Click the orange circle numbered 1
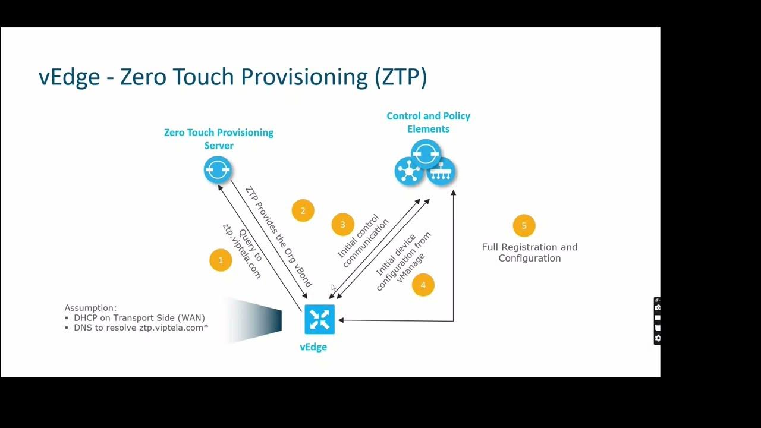[221, 260]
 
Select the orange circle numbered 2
[303, 210]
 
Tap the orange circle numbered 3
[342, 225]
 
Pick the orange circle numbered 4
[423, 285]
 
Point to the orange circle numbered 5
[524, 226]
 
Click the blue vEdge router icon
[319, 319]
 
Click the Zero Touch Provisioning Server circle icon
[217, 170]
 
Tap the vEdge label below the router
[313, 347]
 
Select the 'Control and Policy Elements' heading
[428, 122]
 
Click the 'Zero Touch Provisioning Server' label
[219, 139]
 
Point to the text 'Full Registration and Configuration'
[529, 253]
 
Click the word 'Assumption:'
[90, 308]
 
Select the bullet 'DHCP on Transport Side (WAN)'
[139, 318]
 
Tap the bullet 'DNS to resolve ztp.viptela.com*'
[140, 328]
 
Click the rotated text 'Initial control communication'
[363, 241]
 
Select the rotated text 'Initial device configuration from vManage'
[402, 262]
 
